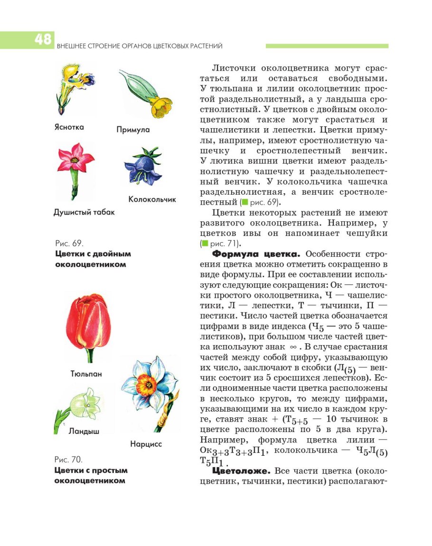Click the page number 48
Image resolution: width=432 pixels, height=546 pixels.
43,40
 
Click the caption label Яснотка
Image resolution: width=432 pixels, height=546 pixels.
69,127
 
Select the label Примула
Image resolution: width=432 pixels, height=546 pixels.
133,130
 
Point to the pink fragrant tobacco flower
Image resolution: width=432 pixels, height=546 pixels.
75,159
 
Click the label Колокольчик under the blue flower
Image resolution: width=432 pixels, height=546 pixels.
152,199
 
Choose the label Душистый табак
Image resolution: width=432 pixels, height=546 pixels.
84,212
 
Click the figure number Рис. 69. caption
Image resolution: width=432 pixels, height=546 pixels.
70,243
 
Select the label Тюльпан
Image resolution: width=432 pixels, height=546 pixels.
86,374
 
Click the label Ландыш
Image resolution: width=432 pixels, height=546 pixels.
84,431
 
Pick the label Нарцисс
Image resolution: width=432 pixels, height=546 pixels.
146,444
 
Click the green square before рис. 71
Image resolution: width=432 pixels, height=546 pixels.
205,244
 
